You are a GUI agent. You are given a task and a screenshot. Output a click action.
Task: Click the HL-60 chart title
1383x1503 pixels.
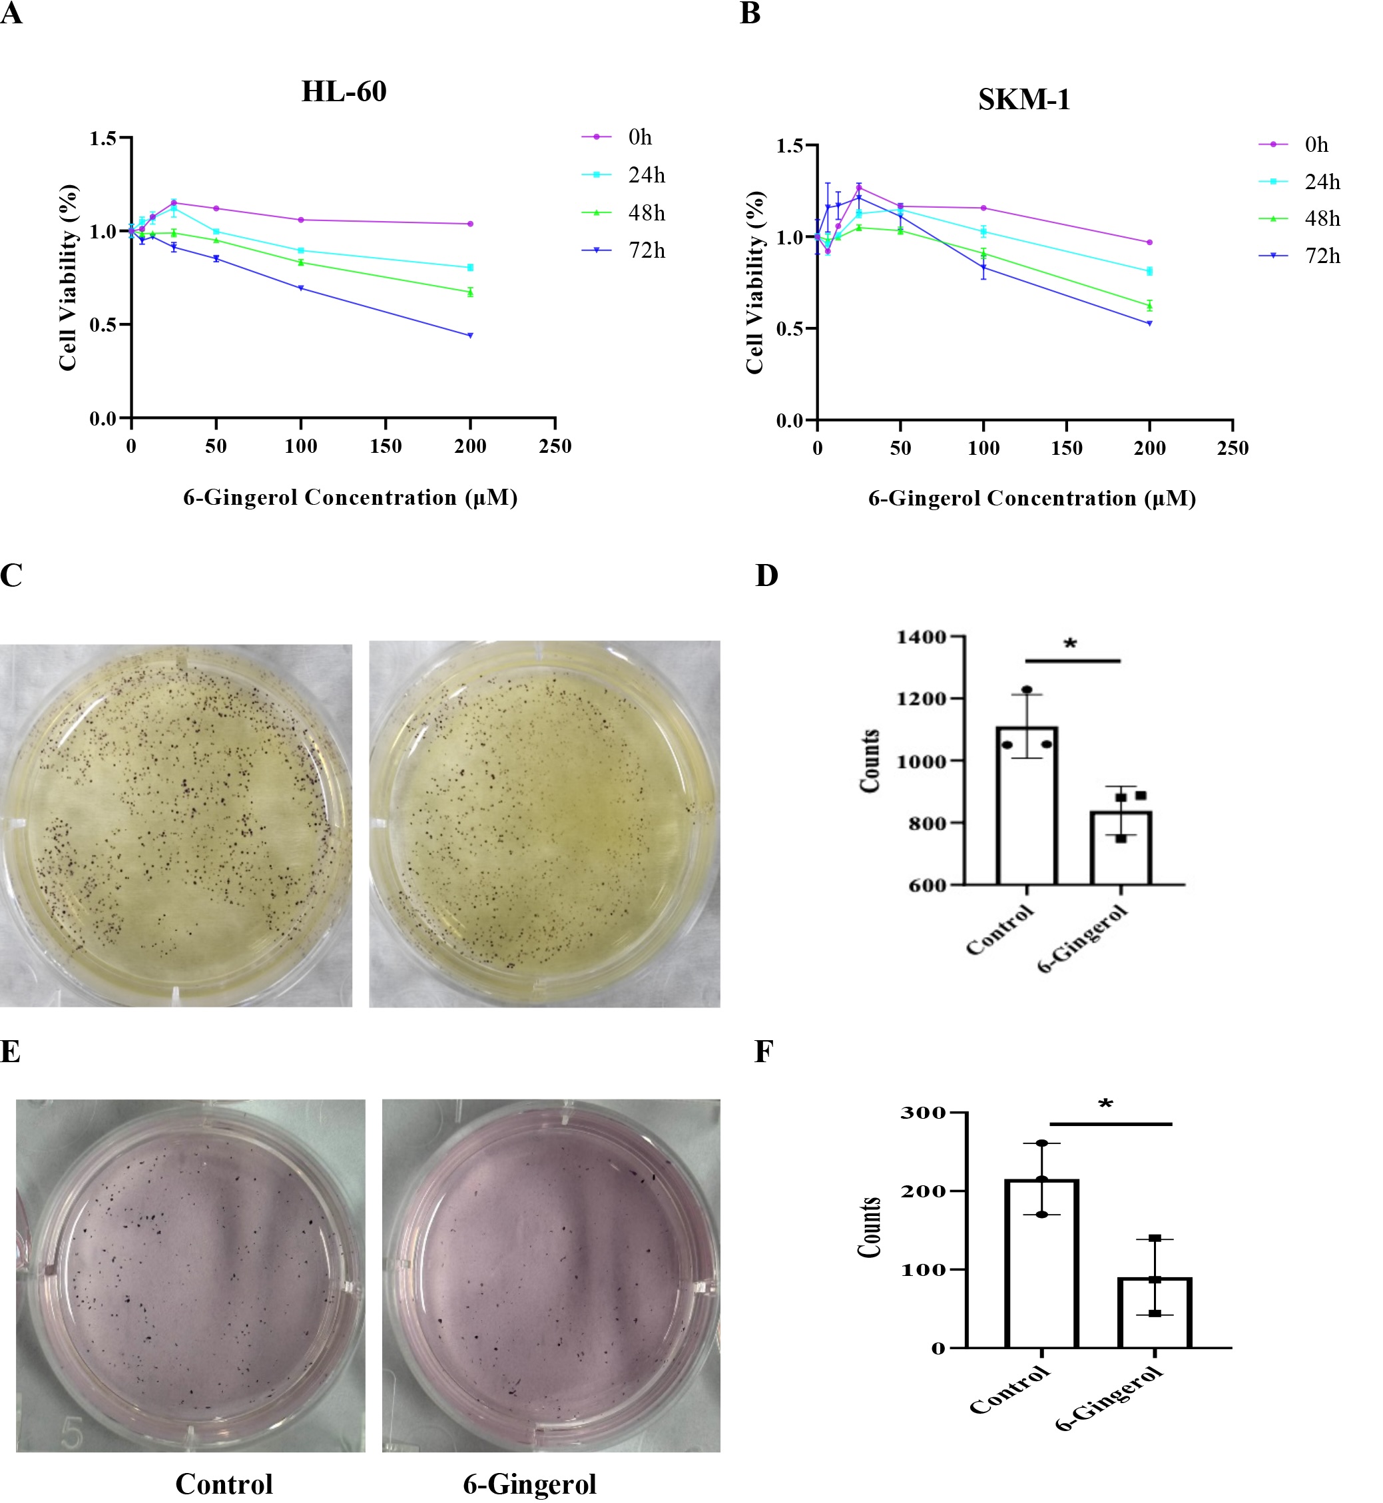(344, 92)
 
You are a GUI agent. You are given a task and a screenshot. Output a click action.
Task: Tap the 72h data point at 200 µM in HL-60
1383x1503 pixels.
(470, 336)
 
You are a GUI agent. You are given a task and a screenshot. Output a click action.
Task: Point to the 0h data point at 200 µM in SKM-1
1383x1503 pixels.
(1149, 242)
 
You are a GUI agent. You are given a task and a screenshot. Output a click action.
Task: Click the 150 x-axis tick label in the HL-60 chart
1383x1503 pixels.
(386, 447)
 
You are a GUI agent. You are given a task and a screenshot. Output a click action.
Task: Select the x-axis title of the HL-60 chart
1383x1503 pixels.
(350, 497)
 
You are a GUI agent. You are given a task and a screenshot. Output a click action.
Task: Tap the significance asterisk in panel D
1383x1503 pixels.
(1070, 643)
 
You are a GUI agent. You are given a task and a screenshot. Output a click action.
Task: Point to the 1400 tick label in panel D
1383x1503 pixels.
(922, 637)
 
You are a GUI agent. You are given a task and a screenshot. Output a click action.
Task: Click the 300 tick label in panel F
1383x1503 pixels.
(923, 1113)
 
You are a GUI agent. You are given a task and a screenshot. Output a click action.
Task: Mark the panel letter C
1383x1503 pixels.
(11, 575)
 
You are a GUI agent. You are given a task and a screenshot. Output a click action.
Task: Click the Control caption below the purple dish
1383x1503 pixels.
(224, 1484)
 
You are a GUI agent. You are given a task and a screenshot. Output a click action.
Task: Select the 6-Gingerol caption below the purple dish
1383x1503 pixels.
(529, 1484)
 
